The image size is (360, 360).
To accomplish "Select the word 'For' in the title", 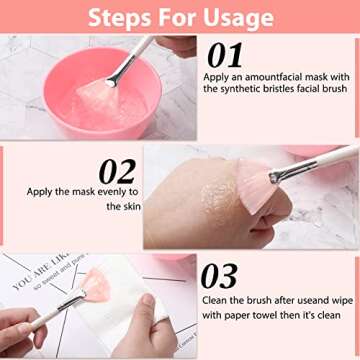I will (x=180, y=17).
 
